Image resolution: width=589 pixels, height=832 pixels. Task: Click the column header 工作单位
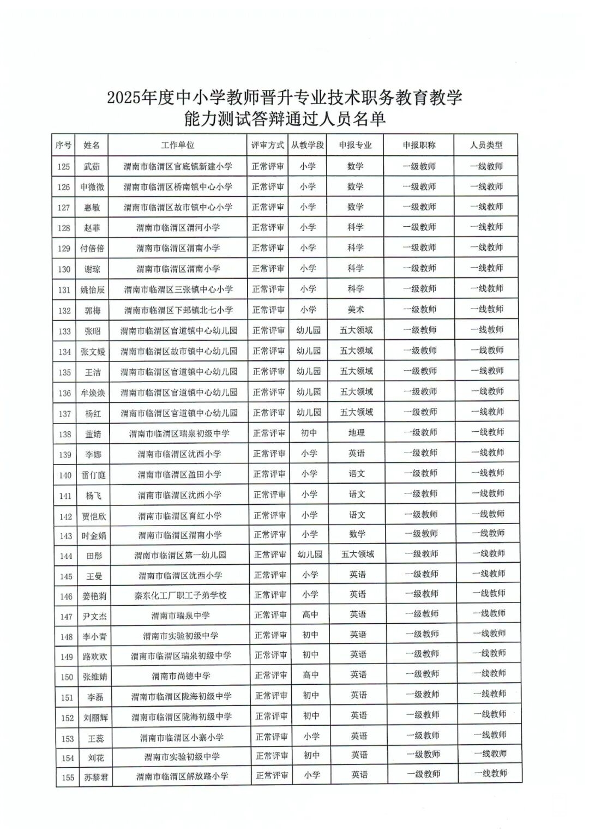click(x=177, y=145)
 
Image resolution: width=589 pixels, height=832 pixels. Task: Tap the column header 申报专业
click(x=355, y=145)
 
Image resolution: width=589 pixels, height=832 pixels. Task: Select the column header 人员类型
click(x=486, y=145)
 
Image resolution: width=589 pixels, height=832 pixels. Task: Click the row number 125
click(x=64, y=166)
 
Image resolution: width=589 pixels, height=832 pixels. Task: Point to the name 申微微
click(x=92, y=187)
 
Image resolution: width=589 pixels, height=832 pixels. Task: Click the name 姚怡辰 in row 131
click(x=92, y=290)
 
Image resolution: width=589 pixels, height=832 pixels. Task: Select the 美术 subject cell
click(x=356, y=310)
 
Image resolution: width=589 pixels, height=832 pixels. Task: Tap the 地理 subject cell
click(x=356, y=433)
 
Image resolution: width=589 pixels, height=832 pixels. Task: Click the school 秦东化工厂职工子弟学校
click(x=181, y=595)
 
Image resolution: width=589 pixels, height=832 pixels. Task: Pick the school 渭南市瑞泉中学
click(x=181, y=616)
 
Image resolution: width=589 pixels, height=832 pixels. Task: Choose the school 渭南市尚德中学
click(x=181, y=676)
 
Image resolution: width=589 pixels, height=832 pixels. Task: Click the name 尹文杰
click(x=94, y=617)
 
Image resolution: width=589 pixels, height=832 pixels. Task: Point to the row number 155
click(x=68, y=777)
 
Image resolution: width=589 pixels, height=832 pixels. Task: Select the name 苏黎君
click(x=96, y=777)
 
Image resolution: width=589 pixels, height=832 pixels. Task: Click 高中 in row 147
click(x=310, y=615)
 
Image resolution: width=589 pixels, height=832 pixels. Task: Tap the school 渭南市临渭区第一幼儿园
click(x=181, y=555)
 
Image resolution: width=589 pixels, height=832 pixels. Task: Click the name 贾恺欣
click(x=94, y=516)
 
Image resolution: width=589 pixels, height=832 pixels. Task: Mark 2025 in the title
click(x=124, y=98)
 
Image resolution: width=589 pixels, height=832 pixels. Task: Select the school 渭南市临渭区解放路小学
click(x=182, y=776)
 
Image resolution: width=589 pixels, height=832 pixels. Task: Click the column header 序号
click(x=63, y=145)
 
